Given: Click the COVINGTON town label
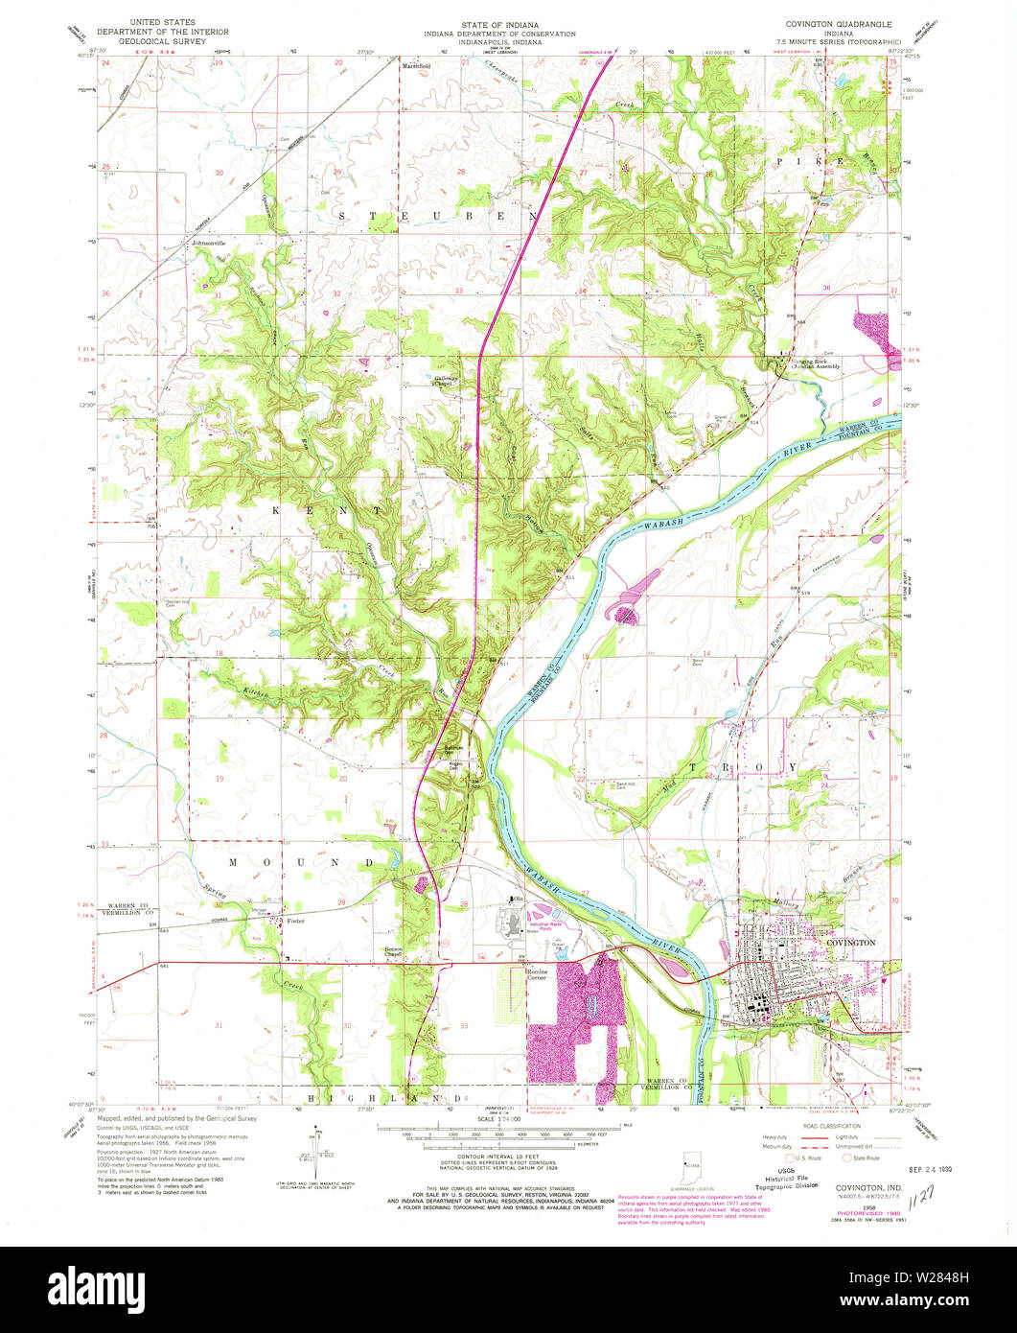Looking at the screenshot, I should coord(850,943).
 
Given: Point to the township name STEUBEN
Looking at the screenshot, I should coord(436,218).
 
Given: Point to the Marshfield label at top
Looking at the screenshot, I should coord(416,65).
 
